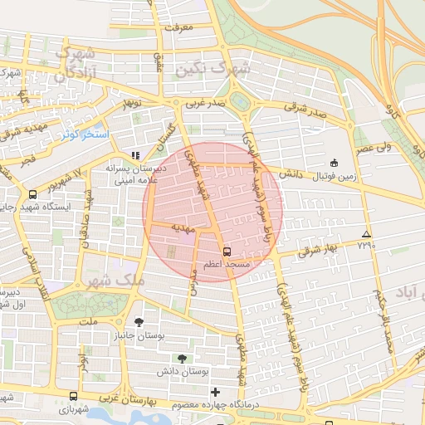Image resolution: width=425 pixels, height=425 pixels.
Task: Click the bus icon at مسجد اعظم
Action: pos(226,250)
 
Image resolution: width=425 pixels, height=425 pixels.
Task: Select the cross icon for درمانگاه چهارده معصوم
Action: pos(216,392)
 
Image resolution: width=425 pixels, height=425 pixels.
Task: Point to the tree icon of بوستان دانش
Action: pos(182,359)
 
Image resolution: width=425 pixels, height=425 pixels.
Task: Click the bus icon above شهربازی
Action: pos(74,398)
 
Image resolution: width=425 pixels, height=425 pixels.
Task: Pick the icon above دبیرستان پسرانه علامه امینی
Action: pos(135,154)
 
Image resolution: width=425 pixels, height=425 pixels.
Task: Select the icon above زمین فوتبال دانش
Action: pos(334,163)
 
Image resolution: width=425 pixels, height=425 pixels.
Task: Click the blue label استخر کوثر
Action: pos(83,134)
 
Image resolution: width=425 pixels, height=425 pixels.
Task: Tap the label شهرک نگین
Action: pos(212,71)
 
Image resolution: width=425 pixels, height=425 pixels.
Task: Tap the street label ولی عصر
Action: pos(375,149)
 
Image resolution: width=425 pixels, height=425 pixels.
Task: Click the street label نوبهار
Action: pos(129,105)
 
